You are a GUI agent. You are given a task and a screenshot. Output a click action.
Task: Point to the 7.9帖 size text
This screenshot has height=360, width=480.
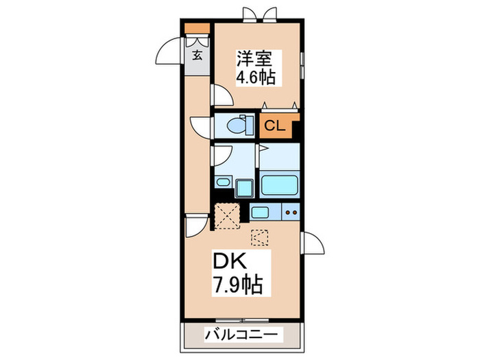[x=235, y=283]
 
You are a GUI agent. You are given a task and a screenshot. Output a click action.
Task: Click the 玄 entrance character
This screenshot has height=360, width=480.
[x=197, y=54]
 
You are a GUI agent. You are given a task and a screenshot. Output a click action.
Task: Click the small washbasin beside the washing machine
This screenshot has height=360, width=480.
[x=223, y=182]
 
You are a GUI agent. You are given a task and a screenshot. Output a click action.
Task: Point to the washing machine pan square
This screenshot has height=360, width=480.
[x=244, y=187]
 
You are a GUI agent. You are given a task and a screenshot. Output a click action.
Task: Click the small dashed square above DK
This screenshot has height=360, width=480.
[x=261, y=237]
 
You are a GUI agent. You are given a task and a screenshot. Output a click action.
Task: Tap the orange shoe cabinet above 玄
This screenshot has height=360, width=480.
[x=197, y=30]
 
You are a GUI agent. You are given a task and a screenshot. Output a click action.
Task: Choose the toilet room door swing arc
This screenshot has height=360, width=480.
[x=202, y=126]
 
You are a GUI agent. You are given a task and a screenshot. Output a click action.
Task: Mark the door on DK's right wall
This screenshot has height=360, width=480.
[x=310, y=244]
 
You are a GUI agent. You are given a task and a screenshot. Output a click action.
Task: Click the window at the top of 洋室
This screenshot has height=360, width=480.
[x=254, y=16]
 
